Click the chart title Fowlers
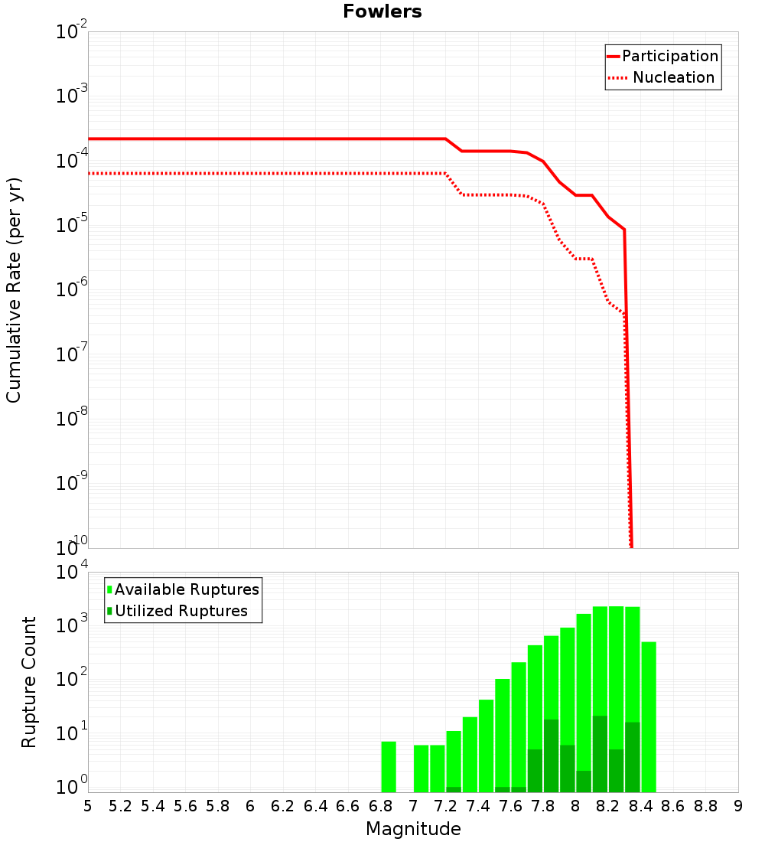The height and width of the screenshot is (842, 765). (x=382, y=11)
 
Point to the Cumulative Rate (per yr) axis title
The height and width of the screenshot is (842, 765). (x=14, y=289)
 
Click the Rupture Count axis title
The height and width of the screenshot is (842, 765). (x=29, y=681)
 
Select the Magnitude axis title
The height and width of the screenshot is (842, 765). (x=413, y=828)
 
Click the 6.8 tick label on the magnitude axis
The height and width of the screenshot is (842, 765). (x=380, y=806)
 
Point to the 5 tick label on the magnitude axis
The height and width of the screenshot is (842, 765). (x=88, y=806)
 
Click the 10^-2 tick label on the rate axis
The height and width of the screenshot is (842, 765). (x=71, y=31)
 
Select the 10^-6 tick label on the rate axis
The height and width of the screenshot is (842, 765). (x=71, y=289)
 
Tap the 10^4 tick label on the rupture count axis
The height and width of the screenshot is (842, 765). (x=71, y=573)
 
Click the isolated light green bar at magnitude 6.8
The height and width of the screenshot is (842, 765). (x=389, y=766)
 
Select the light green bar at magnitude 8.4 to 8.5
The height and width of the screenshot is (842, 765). (x=649, y=716)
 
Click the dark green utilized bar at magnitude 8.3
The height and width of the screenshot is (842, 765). (x=633, y=757)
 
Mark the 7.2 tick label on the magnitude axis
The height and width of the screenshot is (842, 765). (x=445, y=806)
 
